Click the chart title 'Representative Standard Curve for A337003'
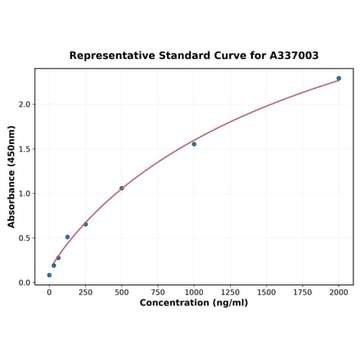[194, 56]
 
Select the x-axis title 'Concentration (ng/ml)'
[194, 303]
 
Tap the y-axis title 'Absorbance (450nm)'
[11, 177]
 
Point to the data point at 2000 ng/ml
[339, 79]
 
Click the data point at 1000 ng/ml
[194, 144]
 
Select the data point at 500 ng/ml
[122, 188]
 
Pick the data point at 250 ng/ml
[85, 224]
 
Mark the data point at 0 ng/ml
[49, 275]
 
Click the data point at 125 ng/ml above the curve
[67, 237]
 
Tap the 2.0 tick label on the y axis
[25, 105]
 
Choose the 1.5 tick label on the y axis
[25, 149]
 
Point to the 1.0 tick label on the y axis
[25, 194]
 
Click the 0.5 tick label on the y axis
[25, 238]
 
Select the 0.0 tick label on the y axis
[25, 283]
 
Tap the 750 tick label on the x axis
[158, 291]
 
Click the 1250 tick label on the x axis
[230, 291]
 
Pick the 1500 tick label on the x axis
[266, 291]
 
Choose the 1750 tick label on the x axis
[303, 291]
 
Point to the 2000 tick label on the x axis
[339, 291]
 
